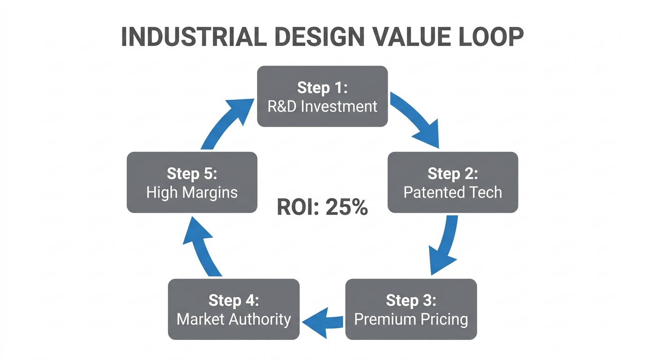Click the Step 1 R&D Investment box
(x=322, y=97)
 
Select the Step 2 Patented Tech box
(x=453, y=183)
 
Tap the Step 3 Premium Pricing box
(x=411, y=309)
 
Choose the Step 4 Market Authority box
(x=233, y=309)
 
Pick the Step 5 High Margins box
(x=192, y=183)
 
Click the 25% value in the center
(x=347, y=207)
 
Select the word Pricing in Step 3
(x=443, y=319)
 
